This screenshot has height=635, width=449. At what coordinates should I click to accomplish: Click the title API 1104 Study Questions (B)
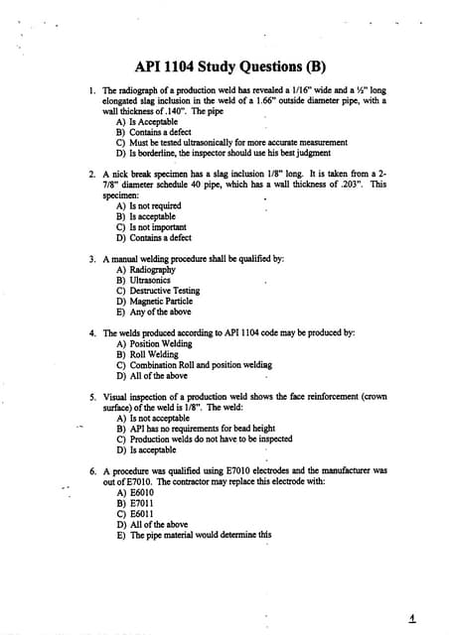224,66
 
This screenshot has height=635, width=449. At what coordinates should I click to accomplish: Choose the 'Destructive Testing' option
158,291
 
